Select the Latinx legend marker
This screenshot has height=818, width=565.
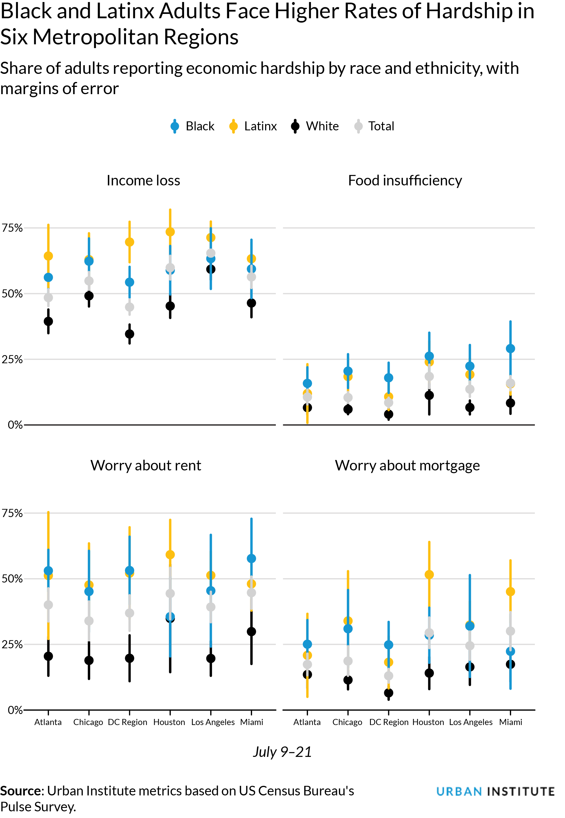pyautogui.click(x=233, y=126)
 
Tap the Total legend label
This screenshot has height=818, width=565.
pyautogui.click(x=381, y=126)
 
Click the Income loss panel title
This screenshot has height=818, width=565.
pyautogui.click(x=143, y=181)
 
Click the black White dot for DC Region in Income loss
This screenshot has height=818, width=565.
pyautogui.click(x=130, y=334)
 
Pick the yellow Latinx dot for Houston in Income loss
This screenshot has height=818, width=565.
pyautogui.click(x=170, y=232)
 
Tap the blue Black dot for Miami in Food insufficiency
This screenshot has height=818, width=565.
pyautogui.click(x=510, y=348)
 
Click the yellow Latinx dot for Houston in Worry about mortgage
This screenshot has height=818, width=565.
pyautogui.click(x=429, y=575)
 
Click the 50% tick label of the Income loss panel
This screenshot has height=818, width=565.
pyautogui.click(x=12, y=294)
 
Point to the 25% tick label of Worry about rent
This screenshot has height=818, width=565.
pyautogui.click(x=12, y=644)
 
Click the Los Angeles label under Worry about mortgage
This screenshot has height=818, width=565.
pyautogui.click(x=471, y=722)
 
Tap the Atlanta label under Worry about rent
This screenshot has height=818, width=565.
pyautogui.click(x=48, y=722)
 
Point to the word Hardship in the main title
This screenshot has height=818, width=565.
pyautogui.click(x=469, y=11)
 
